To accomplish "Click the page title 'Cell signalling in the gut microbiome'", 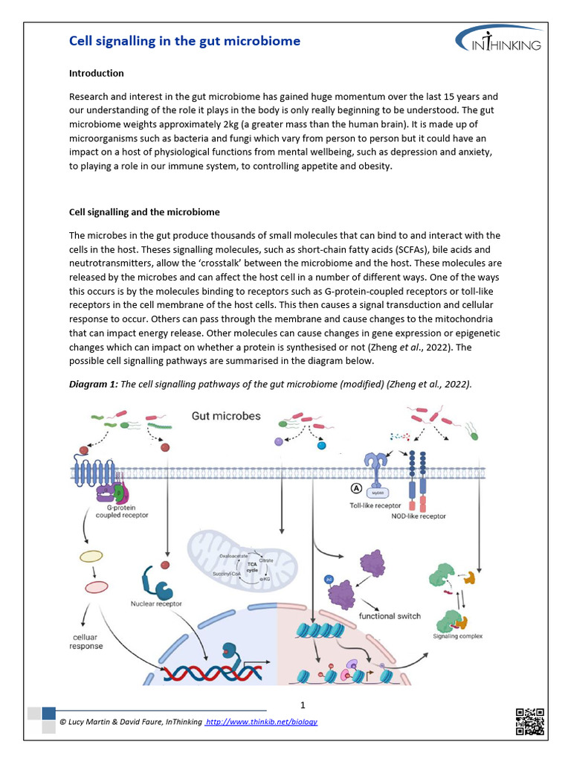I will (184, 41).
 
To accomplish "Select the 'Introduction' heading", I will (96, 74).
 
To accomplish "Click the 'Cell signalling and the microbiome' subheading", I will (144, 212).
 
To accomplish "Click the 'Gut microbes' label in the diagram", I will (226, 416).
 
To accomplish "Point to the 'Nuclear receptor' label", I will (156, 603).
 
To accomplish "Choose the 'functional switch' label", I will (390, 616).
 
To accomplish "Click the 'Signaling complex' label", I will (458, 636).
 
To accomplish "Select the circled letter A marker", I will (356, 489).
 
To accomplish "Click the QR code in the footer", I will (529, 720).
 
